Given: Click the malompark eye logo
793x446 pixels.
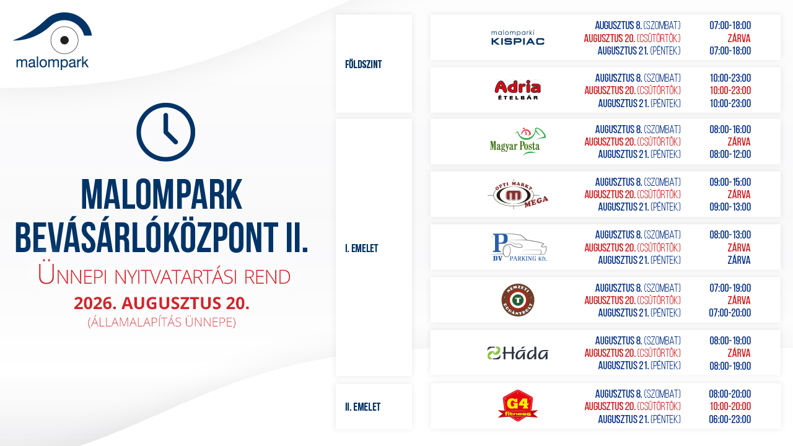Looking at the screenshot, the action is (x=53, y=40).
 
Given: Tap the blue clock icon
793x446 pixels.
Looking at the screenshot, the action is (x=165, y=132).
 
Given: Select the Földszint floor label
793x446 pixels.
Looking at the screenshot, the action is (x=364, y=64).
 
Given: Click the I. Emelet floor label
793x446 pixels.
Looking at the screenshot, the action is (x=361, y=248).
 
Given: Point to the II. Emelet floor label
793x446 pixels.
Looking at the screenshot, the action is (x=363, y=407).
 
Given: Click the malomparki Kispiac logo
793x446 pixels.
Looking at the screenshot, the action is (x=517, y=38).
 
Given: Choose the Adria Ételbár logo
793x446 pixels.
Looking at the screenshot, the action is (x=517, y=90).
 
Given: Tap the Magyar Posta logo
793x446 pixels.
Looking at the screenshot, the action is (x=517, y=142).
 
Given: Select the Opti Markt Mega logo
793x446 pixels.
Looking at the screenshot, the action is (x=517, y=195).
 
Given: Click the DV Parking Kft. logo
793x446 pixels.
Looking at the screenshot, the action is (x=519, y=247).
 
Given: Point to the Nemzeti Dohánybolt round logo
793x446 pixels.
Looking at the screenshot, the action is (x=518, y=300).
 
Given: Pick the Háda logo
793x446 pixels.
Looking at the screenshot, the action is (x=517, y=353).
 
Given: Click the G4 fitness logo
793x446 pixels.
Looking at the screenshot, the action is (x=518, y=406).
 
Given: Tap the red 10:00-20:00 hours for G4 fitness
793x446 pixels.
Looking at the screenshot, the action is (x=730, y=406).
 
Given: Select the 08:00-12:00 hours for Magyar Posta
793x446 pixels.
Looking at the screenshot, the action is (x=730, y=154).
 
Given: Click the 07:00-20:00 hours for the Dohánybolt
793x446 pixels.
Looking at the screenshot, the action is (x=730, y=313).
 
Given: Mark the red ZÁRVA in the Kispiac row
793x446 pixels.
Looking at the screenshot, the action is (x=739, y=38).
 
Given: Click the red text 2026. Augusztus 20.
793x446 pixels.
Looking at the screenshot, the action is (x=162, y=304).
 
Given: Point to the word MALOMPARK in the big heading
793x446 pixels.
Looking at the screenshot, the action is (x=162, y=195).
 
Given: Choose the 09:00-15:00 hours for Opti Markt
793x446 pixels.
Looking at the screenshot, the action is (x=730, y=182).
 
